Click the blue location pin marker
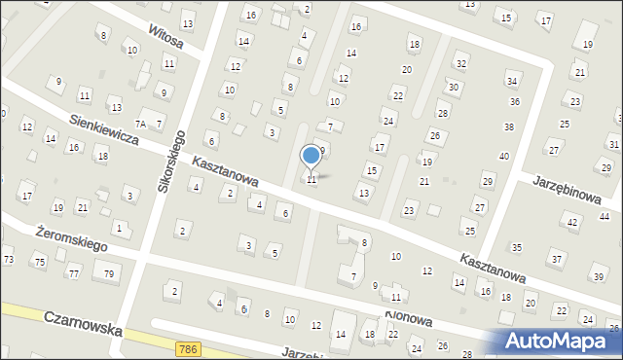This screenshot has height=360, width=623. [x=311, y=156]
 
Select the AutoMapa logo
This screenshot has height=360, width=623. [x=563, y=341]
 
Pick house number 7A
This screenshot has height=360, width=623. [x=140, y=124]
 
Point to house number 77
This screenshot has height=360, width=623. [x=73, y=273]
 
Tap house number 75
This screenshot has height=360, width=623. [x=39, y=262]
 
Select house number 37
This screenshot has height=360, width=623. [x=556, y=259]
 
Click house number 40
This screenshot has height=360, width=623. [x=503, y=156]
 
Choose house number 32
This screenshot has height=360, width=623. [x=461, y=63]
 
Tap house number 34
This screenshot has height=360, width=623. [x=512, y=81]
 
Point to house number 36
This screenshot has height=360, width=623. [x=514, y=101]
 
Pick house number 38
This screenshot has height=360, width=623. [x=508, y=127]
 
